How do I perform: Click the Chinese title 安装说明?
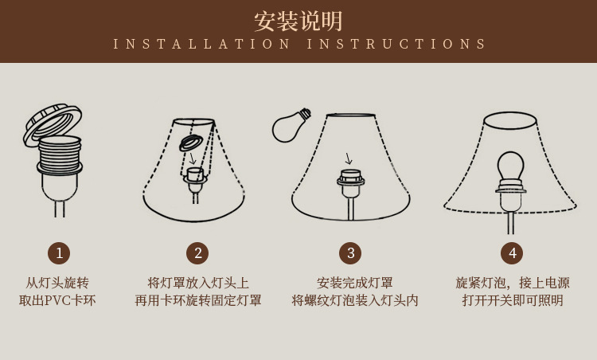coord(298,21)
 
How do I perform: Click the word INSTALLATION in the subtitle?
coord(203,45)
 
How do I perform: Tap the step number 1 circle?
coord(59,253)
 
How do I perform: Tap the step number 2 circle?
coord(197,253)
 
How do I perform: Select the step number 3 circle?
coord(350,253)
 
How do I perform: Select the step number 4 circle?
coord(512,253)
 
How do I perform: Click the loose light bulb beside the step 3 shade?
coord(288,126)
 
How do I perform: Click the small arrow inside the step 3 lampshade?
coord(348,158)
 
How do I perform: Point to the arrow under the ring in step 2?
coord(192,158)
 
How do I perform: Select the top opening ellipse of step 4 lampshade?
coord(510,120)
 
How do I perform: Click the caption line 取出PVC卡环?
coord(57,300)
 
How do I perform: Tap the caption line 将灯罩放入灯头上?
coord(198,283)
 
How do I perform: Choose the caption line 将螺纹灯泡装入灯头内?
coord(355,300)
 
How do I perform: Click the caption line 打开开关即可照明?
coord(513,300)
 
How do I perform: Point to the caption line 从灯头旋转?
coord(57,283)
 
